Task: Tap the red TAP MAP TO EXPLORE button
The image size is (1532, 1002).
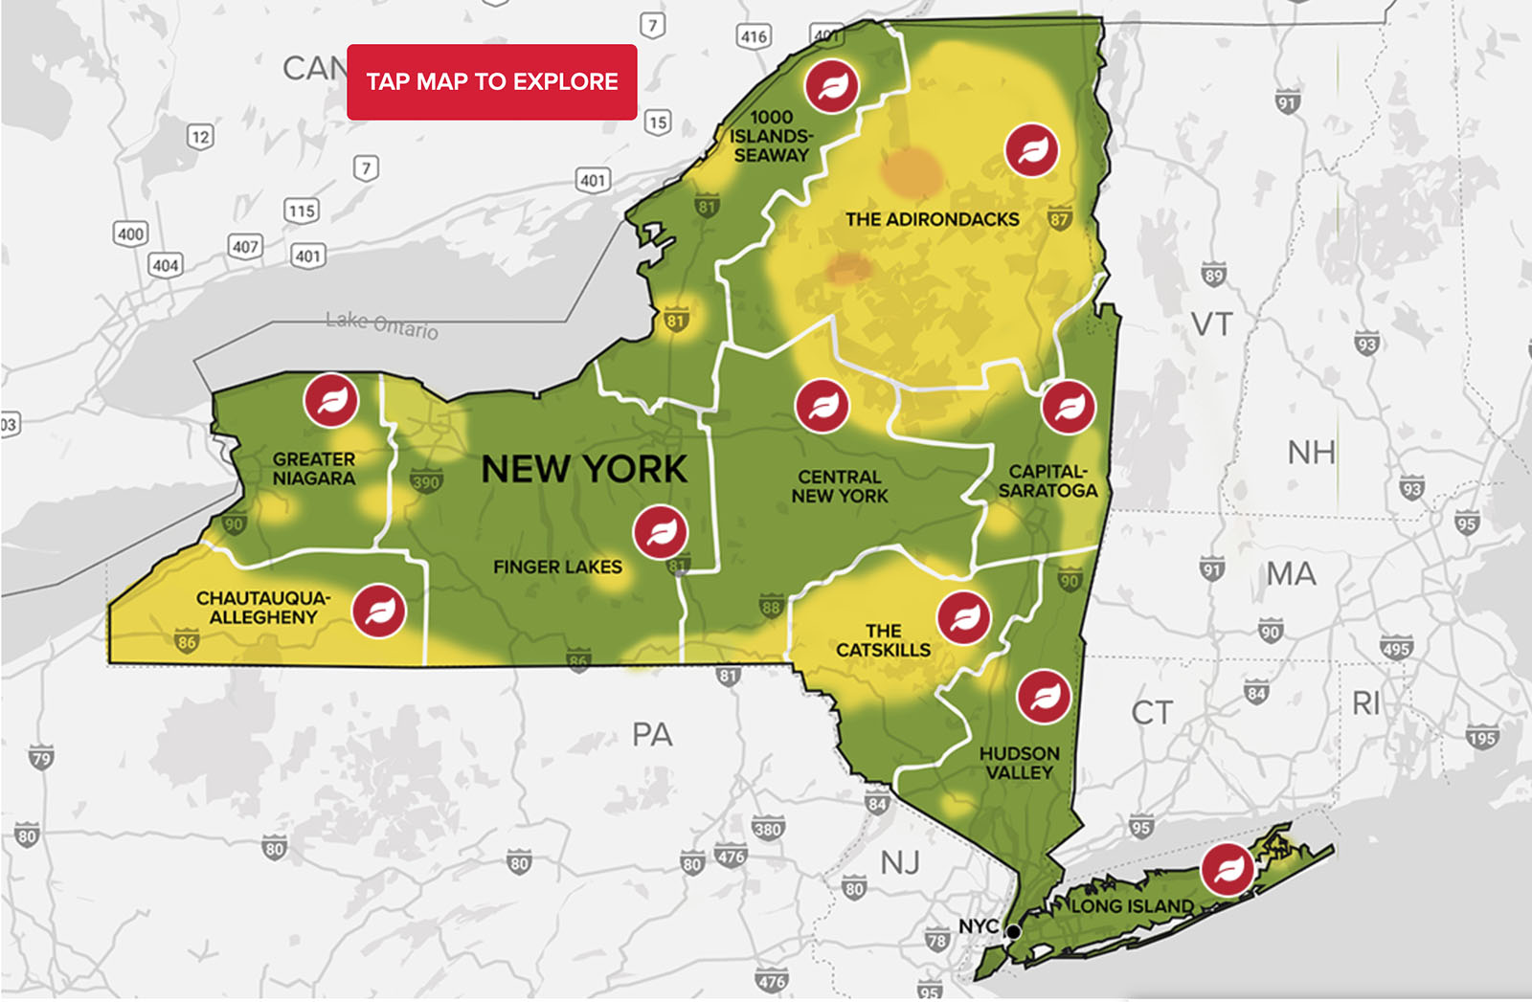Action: [x=491, y=82]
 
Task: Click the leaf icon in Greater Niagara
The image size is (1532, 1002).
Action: [x=331, y=400]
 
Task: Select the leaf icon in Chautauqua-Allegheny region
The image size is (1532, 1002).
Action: [x=379, y=611]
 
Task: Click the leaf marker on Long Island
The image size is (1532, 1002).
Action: [x=1228, y=869]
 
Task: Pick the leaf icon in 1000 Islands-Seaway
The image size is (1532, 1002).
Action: [x=831, y=86]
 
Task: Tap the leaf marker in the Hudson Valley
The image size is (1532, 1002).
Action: [x=1044, y=697]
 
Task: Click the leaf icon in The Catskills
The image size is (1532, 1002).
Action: [x=964, y=617]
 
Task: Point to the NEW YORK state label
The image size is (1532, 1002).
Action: [x=584, y=469]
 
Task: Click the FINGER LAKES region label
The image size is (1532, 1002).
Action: [x=557, y=568]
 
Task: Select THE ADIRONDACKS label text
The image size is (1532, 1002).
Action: [x=932, y=219]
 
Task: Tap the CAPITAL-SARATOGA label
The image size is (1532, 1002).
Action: [x=1048, y=481]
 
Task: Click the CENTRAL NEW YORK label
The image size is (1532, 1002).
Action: [x=840, y=486]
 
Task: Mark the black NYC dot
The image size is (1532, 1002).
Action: [x=1013, y=931]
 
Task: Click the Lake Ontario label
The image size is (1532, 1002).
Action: [x=381, y=324]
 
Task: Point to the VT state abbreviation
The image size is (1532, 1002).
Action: [x=1211, y=324]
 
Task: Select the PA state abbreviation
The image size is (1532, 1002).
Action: [x=652, y=734]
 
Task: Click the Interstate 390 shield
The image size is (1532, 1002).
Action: [x=425, y=481]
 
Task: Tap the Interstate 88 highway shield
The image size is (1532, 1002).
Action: [x=771, y=606]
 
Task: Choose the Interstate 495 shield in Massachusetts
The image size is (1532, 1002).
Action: [x=1396, y=648]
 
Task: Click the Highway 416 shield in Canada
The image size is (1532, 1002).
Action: [x=754, y=36]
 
